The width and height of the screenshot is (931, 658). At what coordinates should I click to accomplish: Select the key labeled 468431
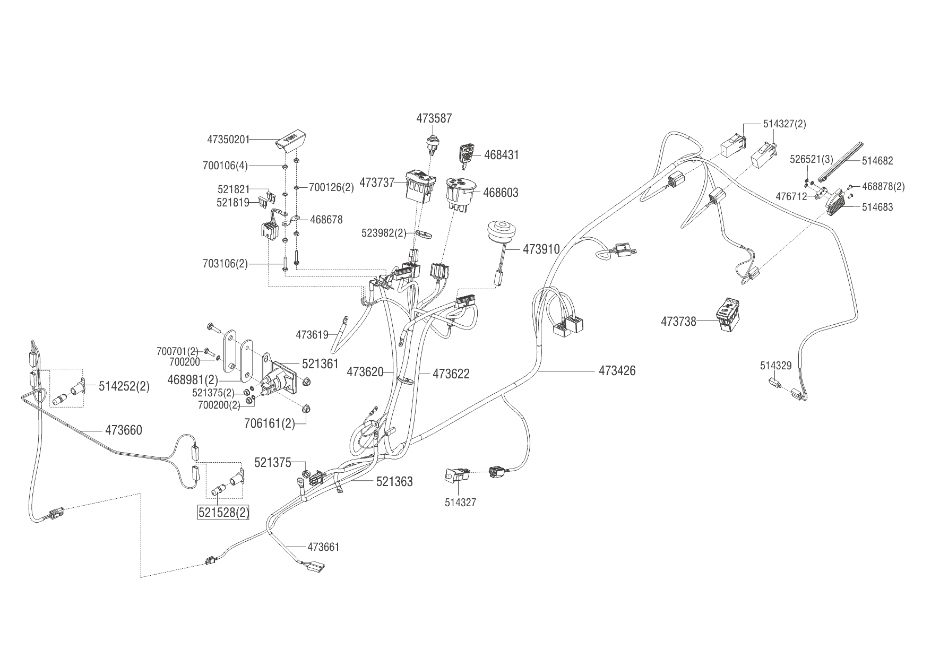pyautogui.click(x=467, y=155)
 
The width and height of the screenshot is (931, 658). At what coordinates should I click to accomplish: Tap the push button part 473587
pyautogui.click(x=432, y=144)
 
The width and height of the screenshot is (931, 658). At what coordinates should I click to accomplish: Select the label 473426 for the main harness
pyautogui.click(x=617, y=370)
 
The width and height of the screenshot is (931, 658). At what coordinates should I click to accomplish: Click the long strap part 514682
pyautogui.click(x=842, y=160)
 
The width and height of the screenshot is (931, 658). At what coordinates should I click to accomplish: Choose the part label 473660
pyautogui.click(x=124, y=430)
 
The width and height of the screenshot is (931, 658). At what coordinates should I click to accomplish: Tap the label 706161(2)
pyautogui.click(x=270, y=423)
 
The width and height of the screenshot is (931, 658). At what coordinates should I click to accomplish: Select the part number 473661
pyautogui.click(x=323, y=547)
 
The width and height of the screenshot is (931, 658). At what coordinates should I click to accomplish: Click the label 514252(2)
pyautogui.click(x=124, y=386)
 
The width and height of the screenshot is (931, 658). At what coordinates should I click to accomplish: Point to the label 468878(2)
pyautogui.click(x=883, y=186)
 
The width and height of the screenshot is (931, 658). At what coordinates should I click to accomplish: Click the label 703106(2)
pyautogui.click(x=225, y=263)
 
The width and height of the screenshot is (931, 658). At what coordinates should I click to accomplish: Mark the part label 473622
pyautogui.click(x=451, y=374)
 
